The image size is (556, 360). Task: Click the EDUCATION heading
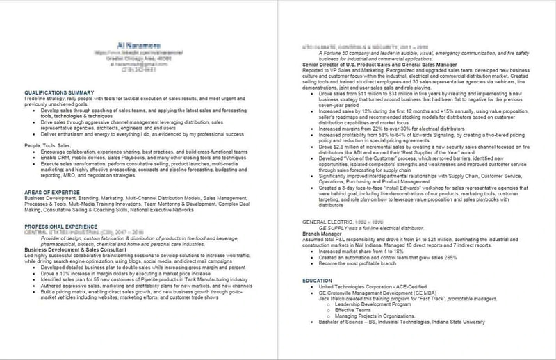pos(322,280)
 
